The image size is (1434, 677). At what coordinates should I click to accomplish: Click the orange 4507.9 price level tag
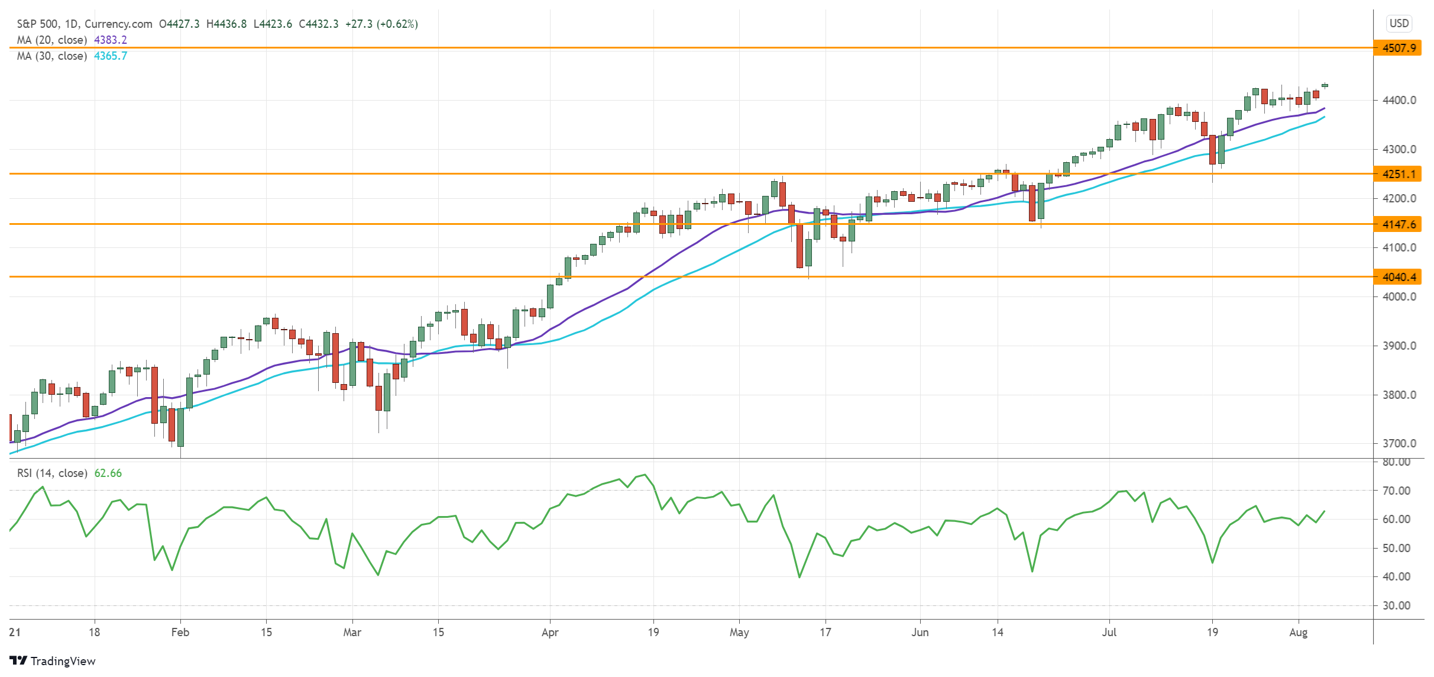(1398, 48)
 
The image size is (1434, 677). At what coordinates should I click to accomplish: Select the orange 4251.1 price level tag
(1398, 174)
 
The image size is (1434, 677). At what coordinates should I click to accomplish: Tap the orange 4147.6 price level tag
(1398, 224)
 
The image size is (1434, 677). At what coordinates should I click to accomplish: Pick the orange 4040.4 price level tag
(1398, 277)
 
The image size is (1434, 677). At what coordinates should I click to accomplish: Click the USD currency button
(1399, 24)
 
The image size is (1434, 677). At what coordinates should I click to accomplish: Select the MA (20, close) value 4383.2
(111, 40)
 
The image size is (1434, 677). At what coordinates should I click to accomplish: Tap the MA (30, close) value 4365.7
(111, 56)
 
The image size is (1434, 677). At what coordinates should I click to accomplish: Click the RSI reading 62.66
(108, 473)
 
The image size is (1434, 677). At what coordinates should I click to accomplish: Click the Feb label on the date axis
(180, 632)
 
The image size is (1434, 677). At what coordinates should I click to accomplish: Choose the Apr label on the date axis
(550, 632)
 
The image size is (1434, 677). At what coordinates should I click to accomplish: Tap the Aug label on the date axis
(1298, 632)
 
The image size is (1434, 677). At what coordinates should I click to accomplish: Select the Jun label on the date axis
(920, 632)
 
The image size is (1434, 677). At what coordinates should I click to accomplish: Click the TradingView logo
(53, 661)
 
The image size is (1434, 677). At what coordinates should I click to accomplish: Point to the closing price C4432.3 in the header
(319, 24)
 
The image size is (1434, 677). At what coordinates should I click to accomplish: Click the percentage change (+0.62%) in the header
(397, 24)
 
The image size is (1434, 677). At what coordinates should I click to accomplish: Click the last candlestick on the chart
(1325, 86)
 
